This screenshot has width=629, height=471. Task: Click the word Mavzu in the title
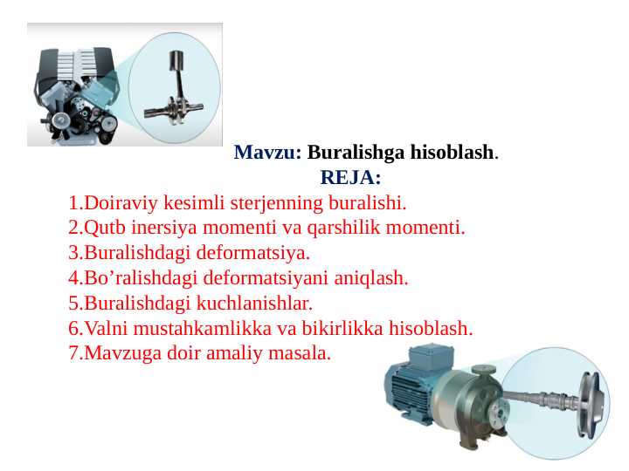[266, 154]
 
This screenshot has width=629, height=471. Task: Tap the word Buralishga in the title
[349, 154]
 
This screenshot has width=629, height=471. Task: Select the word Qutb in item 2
[101, 229]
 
